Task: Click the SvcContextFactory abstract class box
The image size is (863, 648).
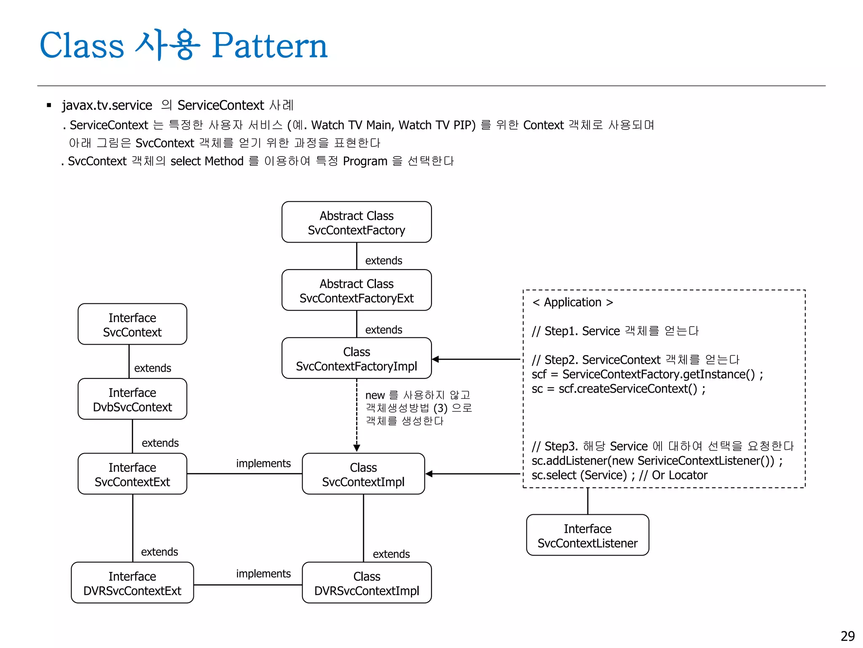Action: pos(356,222)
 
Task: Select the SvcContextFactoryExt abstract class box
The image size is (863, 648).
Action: pos(356,290)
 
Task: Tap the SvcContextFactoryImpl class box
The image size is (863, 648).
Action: pos(356,358)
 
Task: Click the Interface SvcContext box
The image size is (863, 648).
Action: pos(132,324)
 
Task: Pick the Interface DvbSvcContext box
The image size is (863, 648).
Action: pos(132,399)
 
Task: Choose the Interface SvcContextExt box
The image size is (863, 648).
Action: pos(132,474)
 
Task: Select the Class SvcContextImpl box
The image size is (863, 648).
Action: pos(363,474)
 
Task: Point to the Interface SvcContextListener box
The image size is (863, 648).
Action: pos(587,535)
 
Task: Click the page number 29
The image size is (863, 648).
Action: pos(847,636)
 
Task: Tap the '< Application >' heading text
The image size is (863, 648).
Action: pos(573,302)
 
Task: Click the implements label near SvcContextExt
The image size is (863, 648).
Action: pos(263,463)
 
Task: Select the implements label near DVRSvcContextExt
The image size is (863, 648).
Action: pos(263,573)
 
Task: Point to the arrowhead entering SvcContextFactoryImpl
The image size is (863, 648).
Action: pos(436,359)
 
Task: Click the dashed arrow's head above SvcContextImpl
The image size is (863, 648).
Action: pos(356,448)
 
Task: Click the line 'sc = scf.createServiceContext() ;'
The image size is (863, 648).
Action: pos(618,389)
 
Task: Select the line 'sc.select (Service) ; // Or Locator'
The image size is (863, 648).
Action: pos(619,475)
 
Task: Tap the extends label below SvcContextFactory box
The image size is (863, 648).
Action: pos(383,260)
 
